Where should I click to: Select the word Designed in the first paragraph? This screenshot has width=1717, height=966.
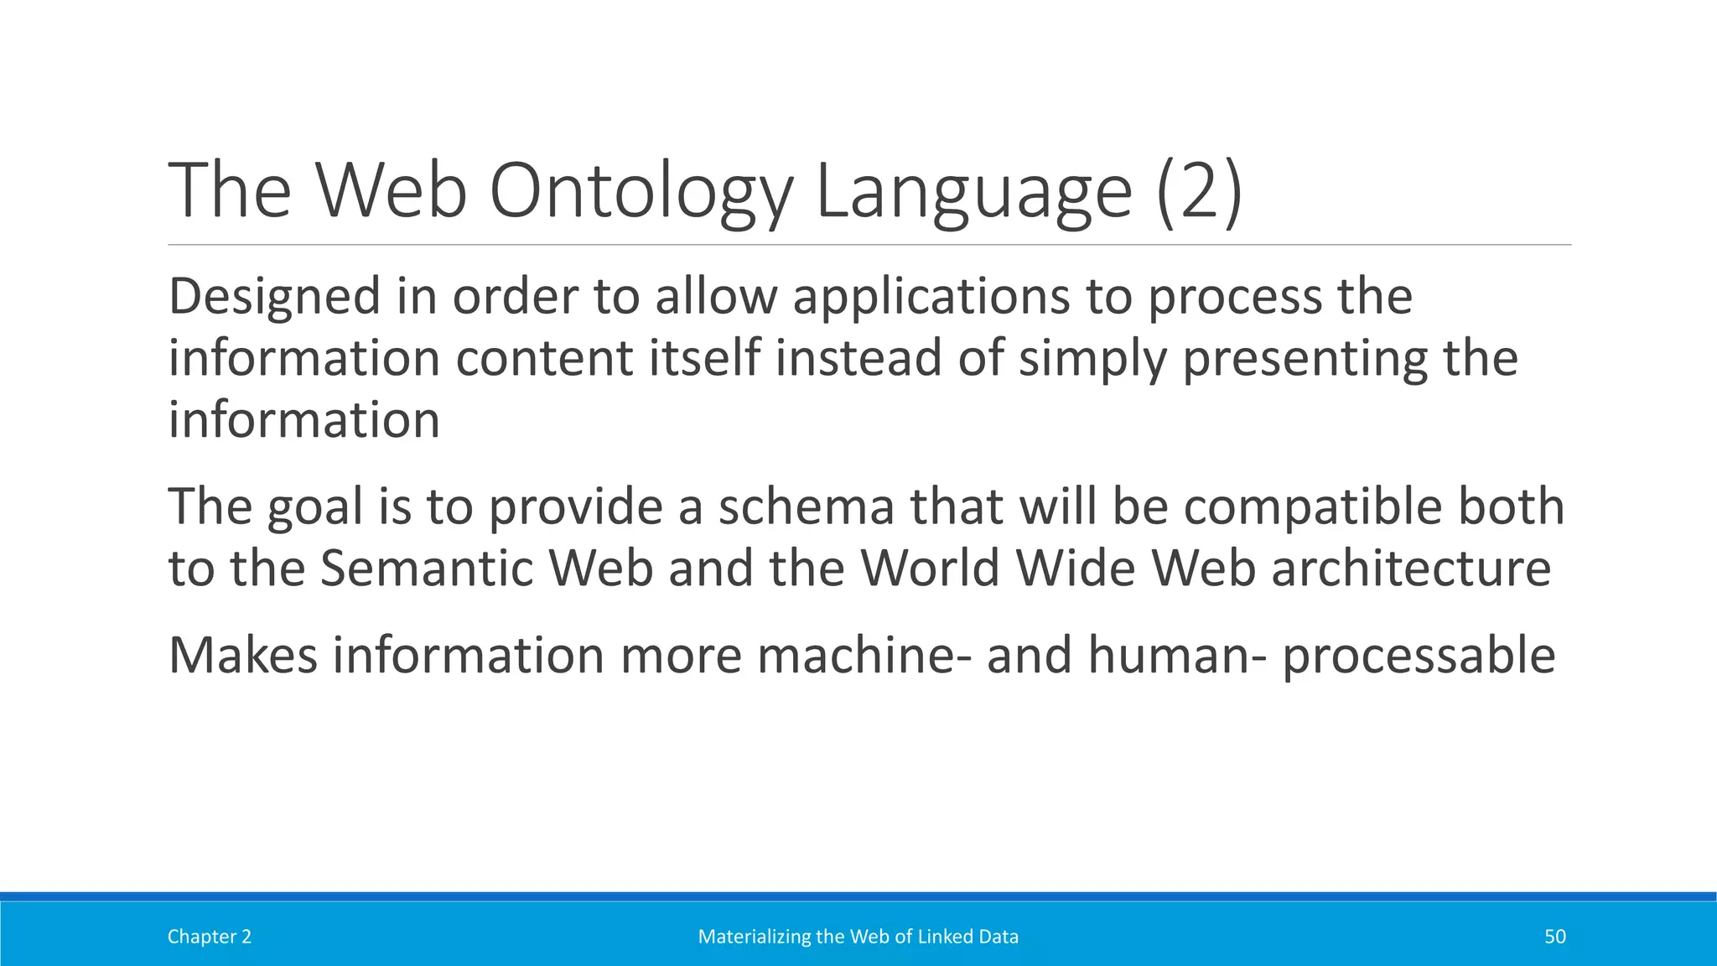(274, 297)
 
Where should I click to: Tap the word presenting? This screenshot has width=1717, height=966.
(1305, 359)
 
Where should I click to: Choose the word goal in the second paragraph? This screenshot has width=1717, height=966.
(315, 508)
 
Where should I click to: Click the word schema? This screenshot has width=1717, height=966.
(807, 508)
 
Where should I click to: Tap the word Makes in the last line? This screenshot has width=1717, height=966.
(243, 656)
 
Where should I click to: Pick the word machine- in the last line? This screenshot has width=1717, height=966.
(865, 656)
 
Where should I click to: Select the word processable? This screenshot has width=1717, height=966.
(1419, 656)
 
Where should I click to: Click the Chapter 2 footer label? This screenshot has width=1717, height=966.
(210, 937)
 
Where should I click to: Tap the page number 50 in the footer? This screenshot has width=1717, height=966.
(1554, 937)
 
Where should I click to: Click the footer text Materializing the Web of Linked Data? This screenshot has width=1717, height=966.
(858, 937)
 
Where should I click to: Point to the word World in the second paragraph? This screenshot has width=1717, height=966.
(930, 569)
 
